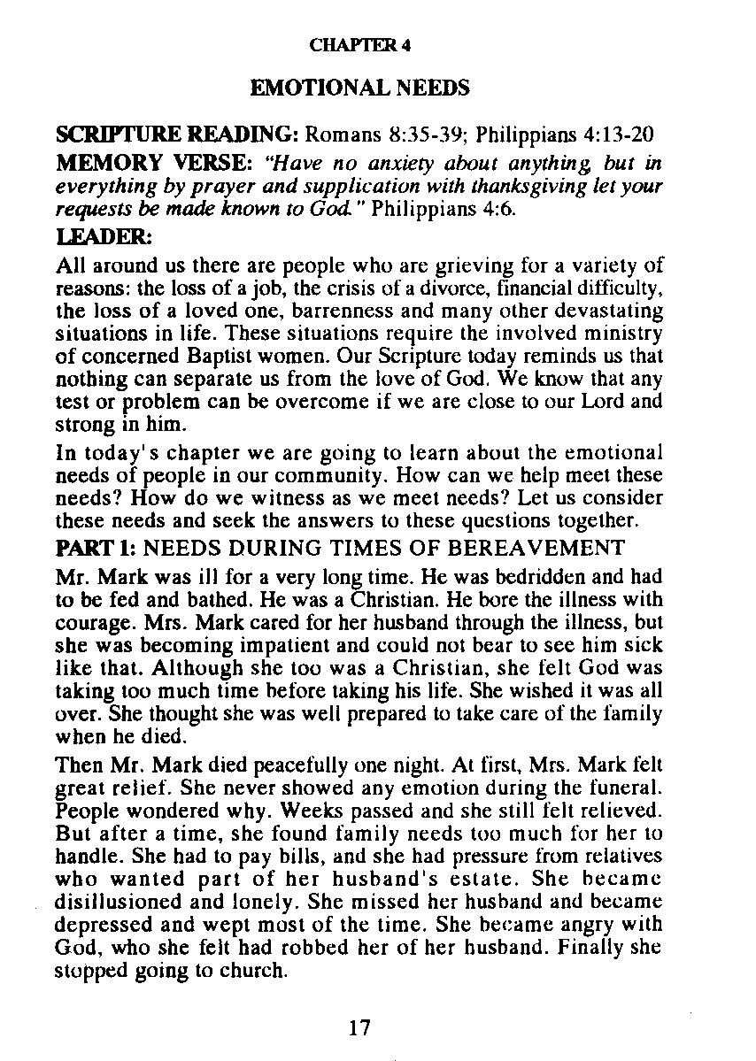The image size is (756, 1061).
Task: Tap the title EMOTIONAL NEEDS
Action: point(359,88)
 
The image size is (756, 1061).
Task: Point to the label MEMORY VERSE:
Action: point(156,165)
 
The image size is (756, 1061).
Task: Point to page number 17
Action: point(359,1027)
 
